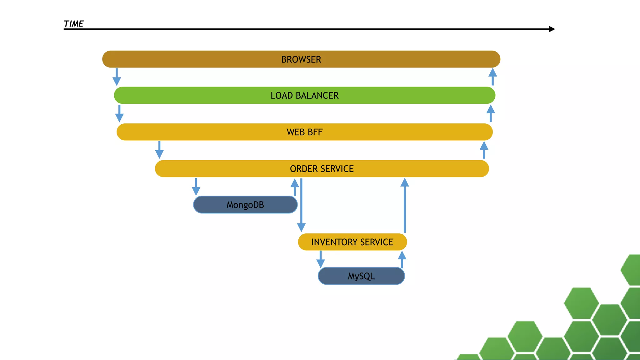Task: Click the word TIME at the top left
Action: click(73, 24)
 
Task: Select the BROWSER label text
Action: click(301, 59)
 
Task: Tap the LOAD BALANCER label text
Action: click(304, 95)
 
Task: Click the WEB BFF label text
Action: click(304, 132)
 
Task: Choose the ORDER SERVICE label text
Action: click(322, 169)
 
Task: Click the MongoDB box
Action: click(245, 205)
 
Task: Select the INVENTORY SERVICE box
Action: click(352, 242)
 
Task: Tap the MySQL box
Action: click(361, 276)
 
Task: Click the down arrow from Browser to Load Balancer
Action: click(117, 77)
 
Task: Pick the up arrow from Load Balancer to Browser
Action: click(492, 77)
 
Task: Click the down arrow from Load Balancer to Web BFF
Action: click(119, 113)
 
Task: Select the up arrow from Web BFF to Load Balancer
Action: click(491, 113)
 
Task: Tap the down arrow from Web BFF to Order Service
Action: click(159, 150)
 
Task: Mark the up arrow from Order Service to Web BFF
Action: click(484, 150)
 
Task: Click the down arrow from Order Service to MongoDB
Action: click(196, 187)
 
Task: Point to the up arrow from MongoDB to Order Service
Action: click(295, 187)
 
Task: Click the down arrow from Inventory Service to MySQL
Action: click(321, 259)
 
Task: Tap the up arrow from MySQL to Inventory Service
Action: click(402, 259)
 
